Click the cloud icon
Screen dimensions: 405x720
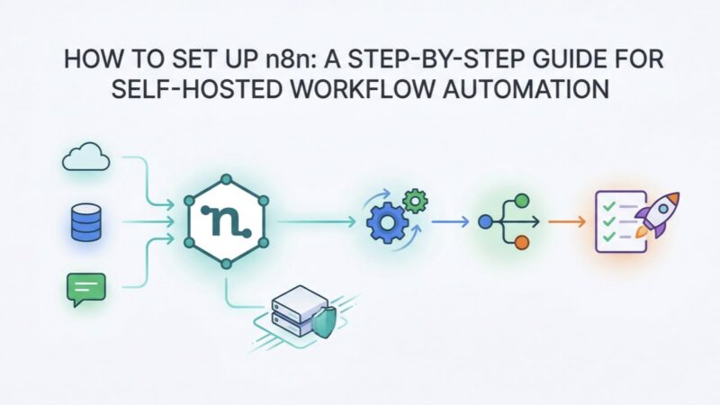(x=85, y=159)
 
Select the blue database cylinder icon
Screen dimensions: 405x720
(x=84, y=220)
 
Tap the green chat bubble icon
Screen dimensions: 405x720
(x=85, y=288)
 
